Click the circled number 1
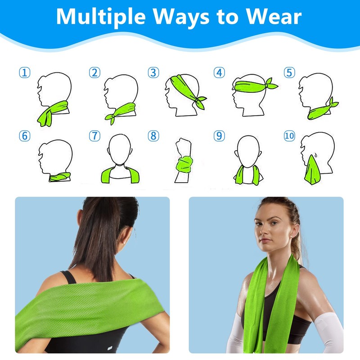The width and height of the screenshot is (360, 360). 24,72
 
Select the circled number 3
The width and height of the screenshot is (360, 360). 153,72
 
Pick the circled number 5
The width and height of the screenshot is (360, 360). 288,72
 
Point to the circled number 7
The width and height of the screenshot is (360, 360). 94,136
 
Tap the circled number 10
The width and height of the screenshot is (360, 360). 289,136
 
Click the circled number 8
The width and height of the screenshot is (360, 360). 153,136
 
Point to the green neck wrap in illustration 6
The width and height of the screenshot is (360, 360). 59,176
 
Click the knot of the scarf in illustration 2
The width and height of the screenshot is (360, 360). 112,117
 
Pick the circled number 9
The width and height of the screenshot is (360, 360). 219,136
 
